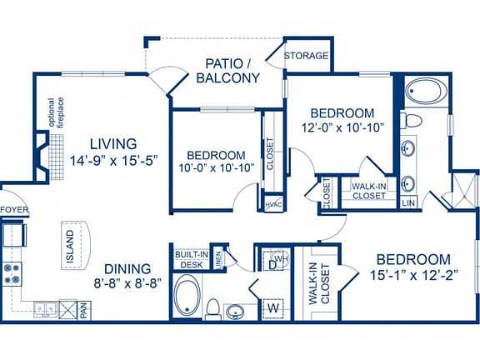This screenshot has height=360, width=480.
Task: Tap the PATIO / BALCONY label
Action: coord(227,70)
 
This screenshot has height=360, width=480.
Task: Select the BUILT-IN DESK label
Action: coord(192,260)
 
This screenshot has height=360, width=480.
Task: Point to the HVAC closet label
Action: coord(272,204)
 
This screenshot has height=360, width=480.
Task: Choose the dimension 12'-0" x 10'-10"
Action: coord(342,128)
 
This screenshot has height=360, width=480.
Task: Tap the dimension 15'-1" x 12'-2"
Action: coord(412,275)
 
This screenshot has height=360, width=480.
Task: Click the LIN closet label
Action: coord(408,202)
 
